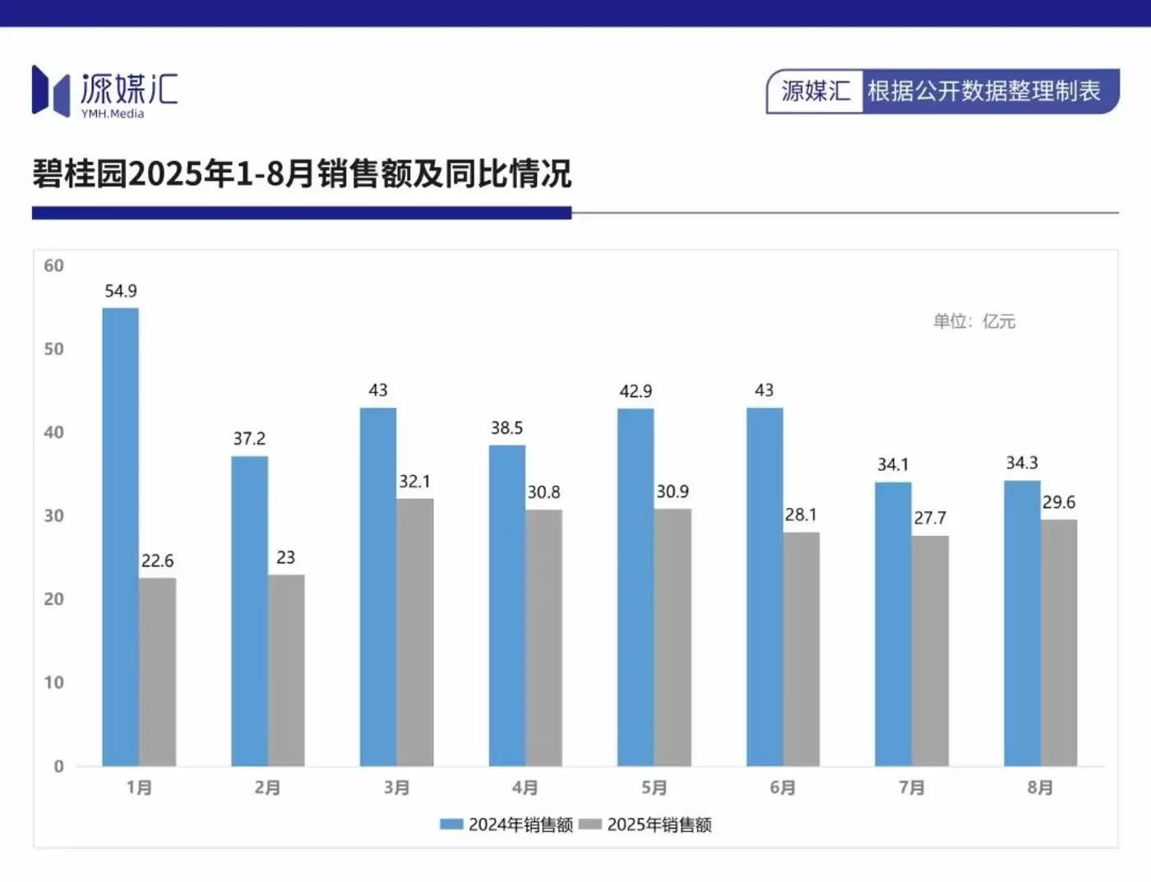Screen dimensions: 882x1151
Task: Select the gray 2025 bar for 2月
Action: [x=286, y=670]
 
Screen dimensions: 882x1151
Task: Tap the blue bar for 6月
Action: [x=765, y=587]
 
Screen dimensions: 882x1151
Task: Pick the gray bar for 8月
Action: [x=1059, y=642]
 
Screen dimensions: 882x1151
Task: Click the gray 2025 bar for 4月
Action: [x=543, y=638]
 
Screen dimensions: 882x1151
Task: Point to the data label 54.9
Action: [x=121, y=291]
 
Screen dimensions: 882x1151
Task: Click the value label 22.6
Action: [x=157, y=561]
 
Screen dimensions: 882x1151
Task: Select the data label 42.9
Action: [x=636, y=391]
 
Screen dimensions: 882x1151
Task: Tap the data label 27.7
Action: [x=930, y=518]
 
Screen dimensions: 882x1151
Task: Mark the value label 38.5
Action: [x=506, y=427]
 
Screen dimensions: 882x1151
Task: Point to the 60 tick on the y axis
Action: [x=53, y=266]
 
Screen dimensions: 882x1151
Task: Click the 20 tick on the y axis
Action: [x=53, y=599]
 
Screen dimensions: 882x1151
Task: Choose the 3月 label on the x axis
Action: [x=396, y=787]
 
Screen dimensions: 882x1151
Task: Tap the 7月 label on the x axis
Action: [x=912, y=787]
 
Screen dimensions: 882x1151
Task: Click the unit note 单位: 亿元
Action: [x=974, y=321]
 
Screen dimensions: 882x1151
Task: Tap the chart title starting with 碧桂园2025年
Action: [x=302, y=174]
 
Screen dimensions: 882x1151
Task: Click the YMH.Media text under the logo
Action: [x=113, y=113]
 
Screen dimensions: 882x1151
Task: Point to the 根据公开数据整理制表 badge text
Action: [x=983, y=91]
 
